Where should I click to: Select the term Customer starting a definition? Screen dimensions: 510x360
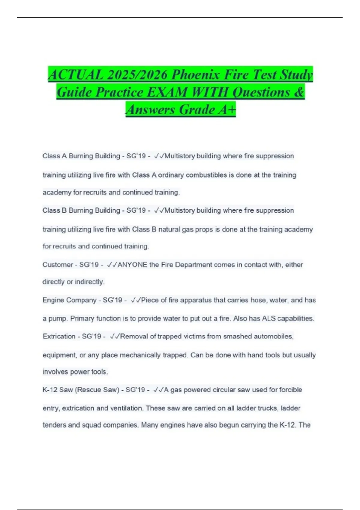pos(58,265)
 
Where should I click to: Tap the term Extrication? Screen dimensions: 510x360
pos(59,336)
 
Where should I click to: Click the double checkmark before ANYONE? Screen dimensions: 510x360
pos(112,265)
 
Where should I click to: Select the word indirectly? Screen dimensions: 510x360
pos(89,282)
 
